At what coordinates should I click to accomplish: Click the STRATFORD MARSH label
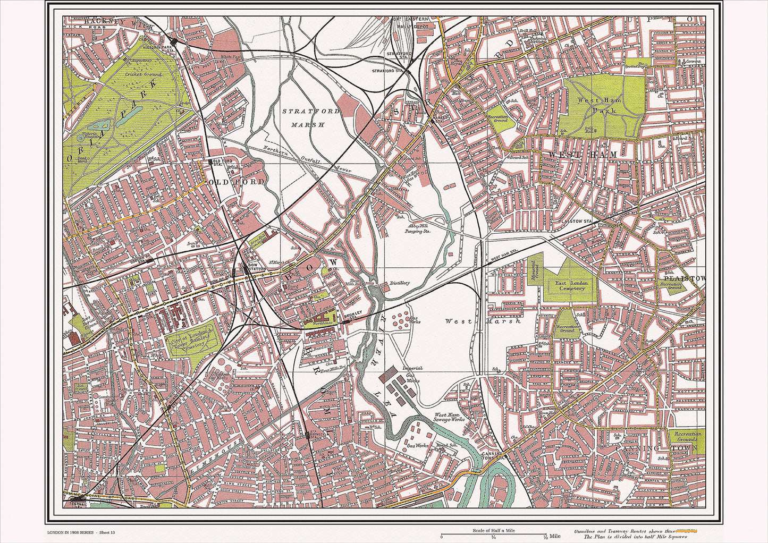(x=303, y=118)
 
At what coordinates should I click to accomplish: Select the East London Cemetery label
(x=571, y=285)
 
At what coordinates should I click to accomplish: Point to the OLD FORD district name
(x=238, y=182)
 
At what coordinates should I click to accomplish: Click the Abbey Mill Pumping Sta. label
(x=419, y=228)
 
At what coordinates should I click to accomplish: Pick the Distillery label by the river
(x=399, y=283)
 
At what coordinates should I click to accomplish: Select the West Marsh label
(x=483, y=321)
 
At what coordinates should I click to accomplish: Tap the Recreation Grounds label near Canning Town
(x=687, y=437)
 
